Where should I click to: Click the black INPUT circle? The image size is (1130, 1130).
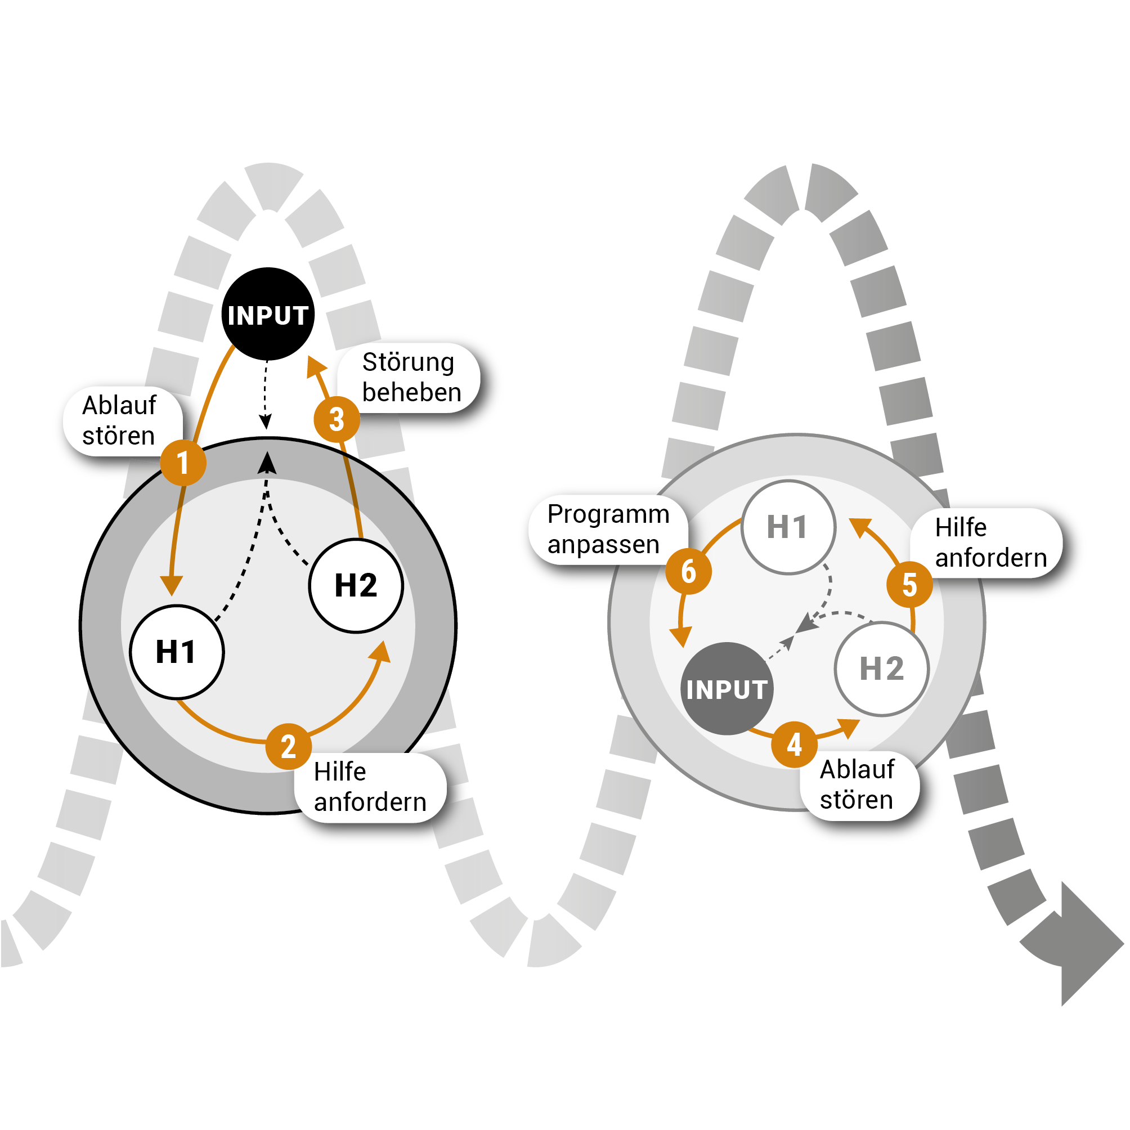pos(268,314)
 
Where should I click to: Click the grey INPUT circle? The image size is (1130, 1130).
pos(727,688)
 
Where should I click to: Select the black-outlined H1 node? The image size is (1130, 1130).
pos(177,652)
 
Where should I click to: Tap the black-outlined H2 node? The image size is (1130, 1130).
pos(356,585)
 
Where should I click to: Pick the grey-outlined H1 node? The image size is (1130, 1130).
pos(788,527)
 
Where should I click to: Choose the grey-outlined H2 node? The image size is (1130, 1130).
pos(881,669)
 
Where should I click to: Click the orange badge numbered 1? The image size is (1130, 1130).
pos(183,463)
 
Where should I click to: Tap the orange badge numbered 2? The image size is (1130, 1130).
pos(288,746)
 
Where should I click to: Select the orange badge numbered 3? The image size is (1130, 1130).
pos(337,419)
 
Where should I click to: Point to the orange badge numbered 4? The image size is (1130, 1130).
pos(793,745)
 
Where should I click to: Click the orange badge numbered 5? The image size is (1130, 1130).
pos(909,584)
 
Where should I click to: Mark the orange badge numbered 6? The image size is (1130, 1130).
pos(688,571)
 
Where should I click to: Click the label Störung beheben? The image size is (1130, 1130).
pos(410,377)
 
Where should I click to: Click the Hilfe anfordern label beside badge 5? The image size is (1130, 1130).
pos(988,543)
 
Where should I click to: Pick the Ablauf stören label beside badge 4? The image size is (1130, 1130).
pos(858,785)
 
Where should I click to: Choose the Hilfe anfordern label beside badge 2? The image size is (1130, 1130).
pos(370,787)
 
